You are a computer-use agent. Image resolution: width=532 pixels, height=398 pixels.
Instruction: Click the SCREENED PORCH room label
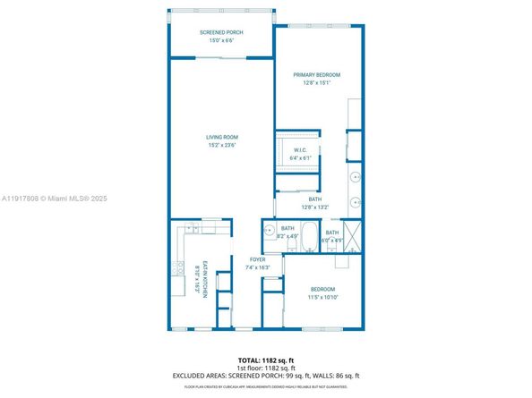pyautogui.click(x=220, y=33)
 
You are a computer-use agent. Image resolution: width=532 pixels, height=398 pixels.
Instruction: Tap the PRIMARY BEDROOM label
pyautogui.click(x=316, y=74)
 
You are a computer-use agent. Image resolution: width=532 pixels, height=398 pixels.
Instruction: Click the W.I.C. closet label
pyautogui.click(x=301, y=150)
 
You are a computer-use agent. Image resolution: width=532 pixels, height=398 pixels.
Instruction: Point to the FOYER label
pyautogui.click(x=257, y=260)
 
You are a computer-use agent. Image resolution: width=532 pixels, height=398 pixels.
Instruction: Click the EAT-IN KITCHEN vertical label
pyautogui.click(x=205, y=279)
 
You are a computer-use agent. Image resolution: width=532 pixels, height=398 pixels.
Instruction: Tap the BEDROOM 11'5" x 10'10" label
pyautogui.click(x=322, y=289)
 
